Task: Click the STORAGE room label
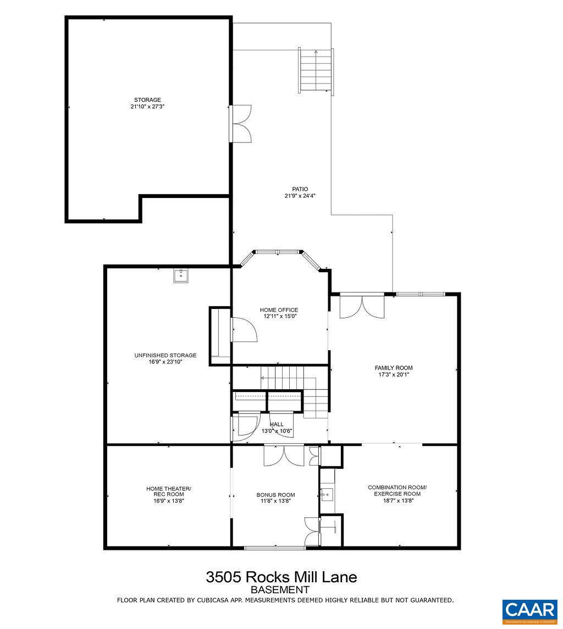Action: pyautogui.click(x=147, y=100)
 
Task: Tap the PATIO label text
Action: pyautogui.click(x=300, y=189)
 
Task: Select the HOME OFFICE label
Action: pyautogui.click(x=279, y=310)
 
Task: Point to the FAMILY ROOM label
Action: pyautogui.click(x=393, y=368)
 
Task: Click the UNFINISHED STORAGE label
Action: pyautogui.click(x=165, y=355)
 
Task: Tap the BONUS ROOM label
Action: pyautogui.click(x=275, y=494)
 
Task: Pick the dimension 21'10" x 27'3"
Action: pyautogui.click(x=147, y=107)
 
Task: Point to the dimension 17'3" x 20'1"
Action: pyautogui.click(x=393, y=375)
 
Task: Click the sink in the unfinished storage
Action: pyautogui.click(x=181, y=276)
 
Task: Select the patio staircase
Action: pyautogui.click(x=316, y=71)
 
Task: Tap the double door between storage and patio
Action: pyautogui.click(x=240, y=124)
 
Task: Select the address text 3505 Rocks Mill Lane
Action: pyautogui.click(x=281, y=577)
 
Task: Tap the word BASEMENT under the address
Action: pyautogui.click(x=281, y=589)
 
